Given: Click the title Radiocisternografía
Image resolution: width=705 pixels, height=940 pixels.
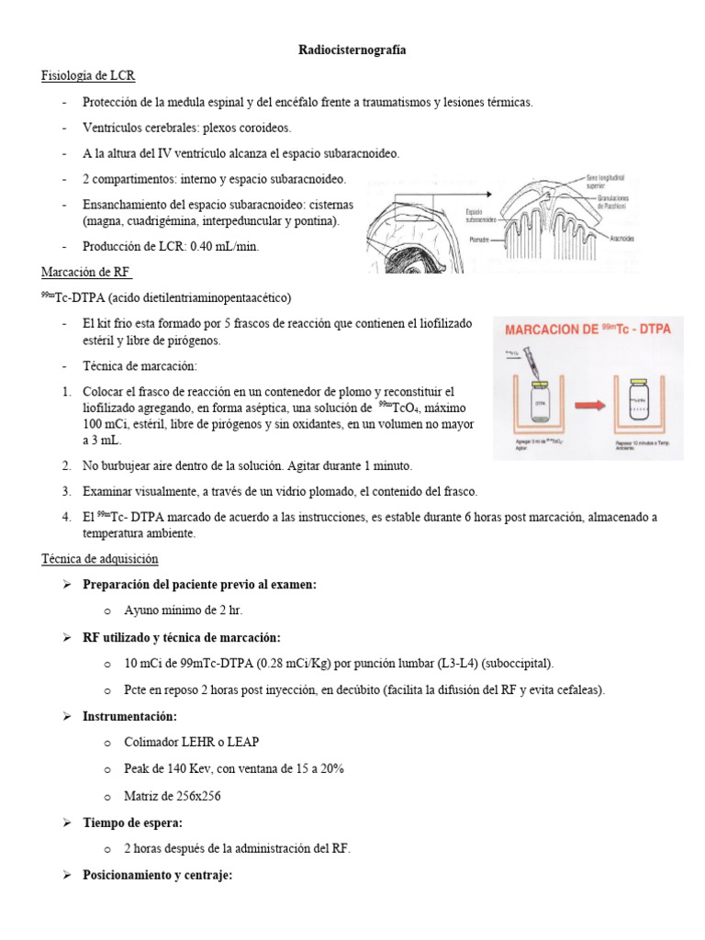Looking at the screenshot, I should (x=352, y=51).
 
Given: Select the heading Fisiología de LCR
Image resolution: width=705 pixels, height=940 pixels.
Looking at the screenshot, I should (x=89, y=75).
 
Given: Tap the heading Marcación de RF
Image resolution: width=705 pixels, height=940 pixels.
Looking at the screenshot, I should (x=87, y=273).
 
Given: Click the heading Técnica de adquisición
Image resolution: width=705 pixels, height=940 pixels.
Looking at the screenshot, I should (x=100, y=558).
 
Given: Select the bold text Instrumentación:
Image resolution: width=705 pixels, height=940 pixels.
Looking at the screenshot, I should (x=129, y=716).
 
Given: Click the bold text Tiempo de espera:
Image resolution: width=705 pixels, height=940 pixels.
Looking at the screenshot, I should (x=134, y=823).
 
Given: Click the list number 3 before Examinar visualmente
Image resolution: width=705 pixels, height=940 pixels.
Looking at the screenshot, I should (x=67, y=491).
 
